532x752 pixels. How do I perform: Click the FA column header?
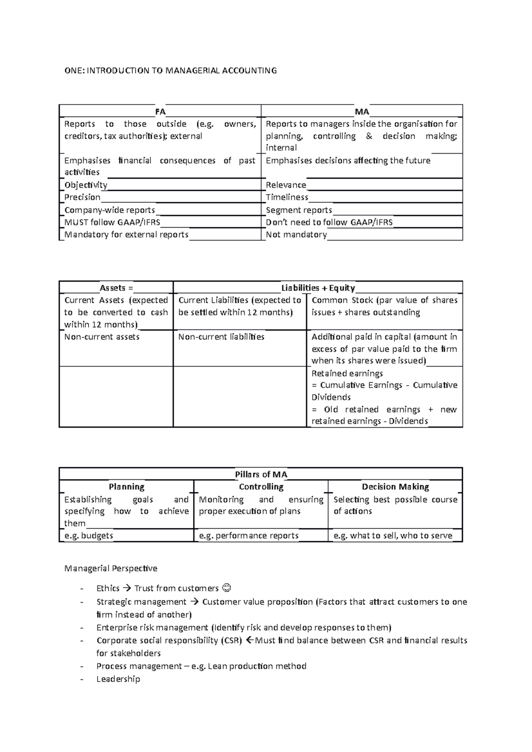160,112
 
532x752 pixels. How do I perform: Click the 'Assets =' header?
116,288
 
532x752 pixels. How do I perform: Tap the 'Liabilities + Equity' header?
318,288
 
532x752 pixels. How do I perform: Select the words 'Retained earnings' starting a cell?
347,373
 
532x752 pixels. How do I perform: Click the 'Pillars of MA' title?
261,474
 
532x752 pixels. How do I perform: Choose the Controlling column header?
261,487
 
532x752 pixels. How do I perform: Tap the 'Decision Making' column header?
395,487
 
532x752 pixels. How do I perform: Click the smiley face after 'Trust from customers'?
226,588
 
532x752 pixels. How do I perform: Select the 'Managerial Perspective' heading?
110,568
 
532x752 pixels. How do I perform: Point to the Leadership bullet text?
118,679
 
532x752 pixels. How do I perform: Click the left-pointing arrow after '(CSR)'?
249,640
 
